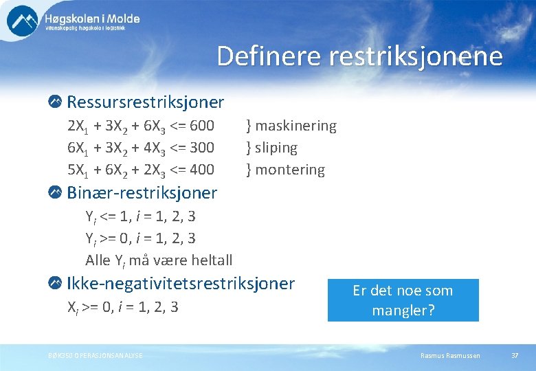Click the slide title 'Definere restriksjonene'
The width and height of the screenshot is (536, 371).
click(359, 56)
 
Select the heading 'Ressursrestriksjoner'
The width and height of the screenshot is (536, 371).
click(145, 102)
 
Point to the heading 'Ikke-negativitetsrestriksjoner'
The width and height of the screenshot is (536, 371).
click(180, 283)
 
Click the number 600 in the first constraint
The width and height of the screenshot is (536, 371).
click(200, 126)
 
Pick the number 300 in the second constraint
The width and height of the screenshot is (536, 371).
click(200, 148)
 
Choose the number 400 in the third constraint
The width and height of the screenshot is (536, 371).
click(200, 169)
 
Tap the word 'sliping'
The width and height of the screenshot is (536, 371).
click(276, 148)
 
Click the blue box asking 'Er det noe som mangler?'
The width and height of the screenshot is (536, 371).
click(403, 300)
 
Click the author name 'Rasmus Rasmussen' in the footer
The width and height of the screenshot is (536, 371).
click(450, 355)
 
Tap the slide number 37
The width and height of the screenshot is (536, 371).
click(515, 355)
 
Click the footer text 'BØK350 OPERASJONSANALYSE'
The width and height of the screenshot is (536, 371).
click(96, 355)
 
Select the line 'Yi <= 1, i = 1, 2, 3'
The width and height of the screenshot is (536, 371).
click(140, 216)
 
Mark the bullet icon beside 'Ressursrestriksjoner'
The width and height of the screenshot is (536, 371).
click(56, 102)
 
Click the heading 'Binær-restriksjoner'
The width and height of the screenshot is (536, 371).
click(142, 193)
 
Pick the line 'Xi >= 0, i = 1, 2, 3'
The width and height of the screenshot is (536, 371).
click(122, 307)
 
